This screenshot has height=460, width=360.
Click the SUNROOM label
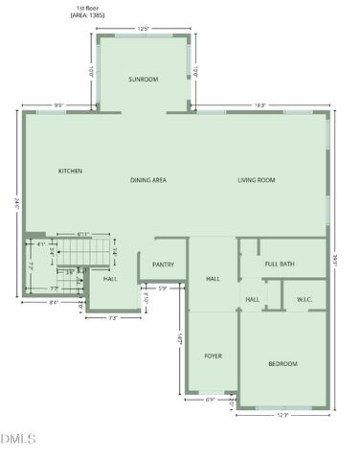(144, 80)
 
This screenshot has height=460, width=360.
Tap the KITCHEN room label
(70, 172)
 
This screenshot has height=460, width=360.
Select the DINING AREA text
(148, 180)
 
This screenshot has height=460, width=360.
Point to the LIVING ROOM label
(257, 180)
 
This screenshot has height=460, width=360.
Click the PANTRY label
(163, 264)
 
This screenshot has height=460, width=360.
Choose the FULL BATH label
(280, 264)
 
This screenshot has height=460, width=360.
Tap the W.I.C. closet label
(304, 300)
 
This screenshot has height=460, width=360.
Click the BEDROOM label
(282, 363)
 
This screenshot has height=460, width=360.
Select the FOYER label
(213, 356)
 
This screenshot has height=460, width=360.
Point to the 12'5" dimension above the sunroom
(144, 30)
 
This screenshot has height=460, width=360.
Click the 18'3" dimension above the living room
(259, 105)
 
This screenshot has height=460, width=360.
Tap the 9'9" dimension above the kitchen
(58, 105)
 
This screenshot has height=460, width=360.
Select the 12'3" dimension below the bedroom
(282, 415)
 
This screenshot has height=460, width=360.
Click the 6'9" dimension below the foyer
(211, 400)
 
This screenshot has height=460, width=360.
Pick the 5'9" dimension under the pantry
(163, 289)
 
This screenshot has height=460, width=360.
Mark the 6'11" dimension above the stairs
(83, 234)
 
